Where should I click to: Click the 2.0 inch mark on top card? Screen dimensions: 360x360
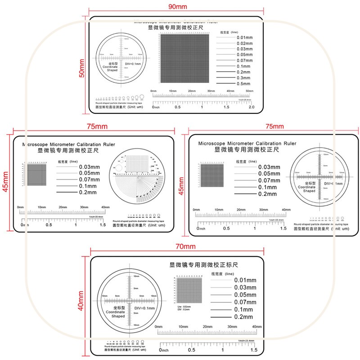pos(252,107)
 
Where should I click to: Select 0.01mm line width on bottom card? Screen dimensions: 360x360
pos(245,280)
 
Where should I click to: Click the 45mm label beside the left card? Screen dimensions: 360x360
pos(6,181)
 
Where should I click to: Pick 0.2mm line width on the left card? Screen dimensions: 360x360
pos(88,193)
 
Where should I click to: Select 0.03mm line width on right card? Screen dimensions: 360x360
pos(269,167)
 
